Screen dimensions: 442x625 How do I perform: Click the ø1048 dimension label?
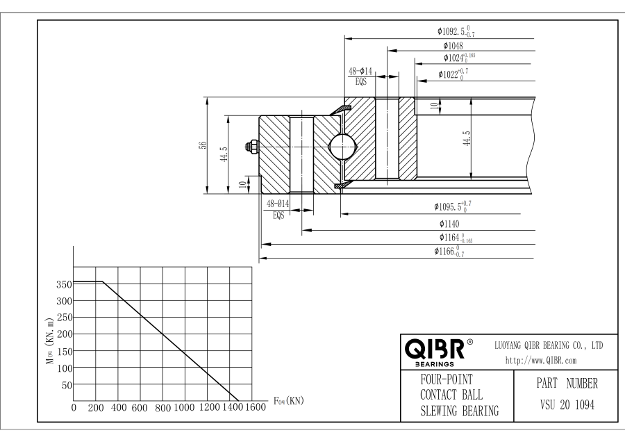455,46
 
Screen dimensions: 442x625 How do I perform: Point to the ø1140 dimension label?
451,224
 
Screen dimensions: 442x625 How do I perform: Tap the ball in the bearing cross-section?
343,147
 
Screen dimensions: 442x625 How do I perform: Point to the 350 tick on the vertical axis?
62,284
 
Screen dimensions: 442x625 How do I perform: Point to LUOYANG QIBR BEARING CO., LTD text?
547,345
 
